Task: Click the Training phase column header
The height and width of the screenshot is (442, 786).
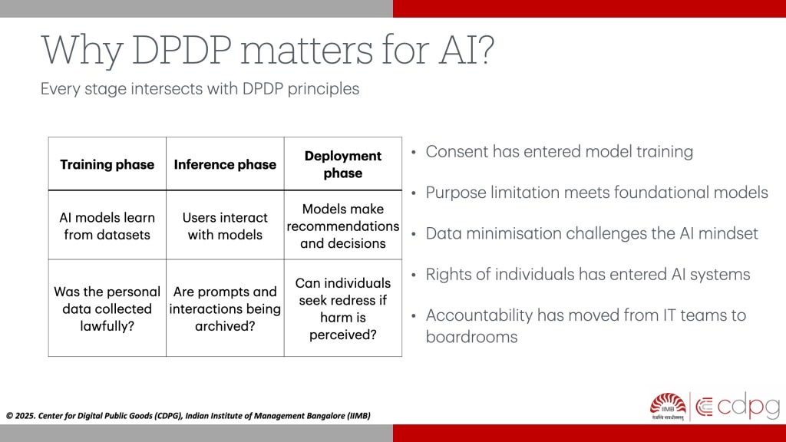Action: coord(107,164)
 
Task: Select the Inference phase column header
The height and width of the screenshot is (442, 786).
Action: coord(225,164)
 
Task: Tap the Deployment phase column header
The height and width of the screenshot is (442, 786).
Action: coord(343,164)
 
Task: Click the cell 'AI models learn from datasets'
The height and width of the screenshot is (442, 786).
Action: coord(107,226)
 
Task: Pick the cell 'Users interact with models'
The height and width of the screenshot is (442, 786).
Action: coord(225,226)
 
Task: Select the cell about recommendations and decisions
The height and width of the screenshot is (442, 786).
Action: coord(343,226)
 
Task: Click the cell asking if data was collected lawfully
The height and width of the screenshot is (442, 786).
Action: coord(107,308)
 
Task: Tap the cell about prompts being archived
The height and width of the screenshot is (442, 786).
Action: coord(225,308)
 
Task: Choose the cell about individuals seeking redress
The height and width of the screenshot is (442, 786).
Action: coord(343,308)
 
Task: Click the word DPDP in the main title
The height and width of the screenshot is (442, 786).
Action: coord(181,50)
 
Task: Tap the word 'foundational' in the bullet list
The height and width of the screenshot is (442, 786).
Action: coord(661,193)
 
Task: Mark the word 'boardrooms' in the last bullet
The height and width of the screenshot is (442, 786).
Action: coord(472,337)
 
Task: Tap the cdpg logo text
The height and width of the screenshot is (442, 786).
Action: coord(738,405)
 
